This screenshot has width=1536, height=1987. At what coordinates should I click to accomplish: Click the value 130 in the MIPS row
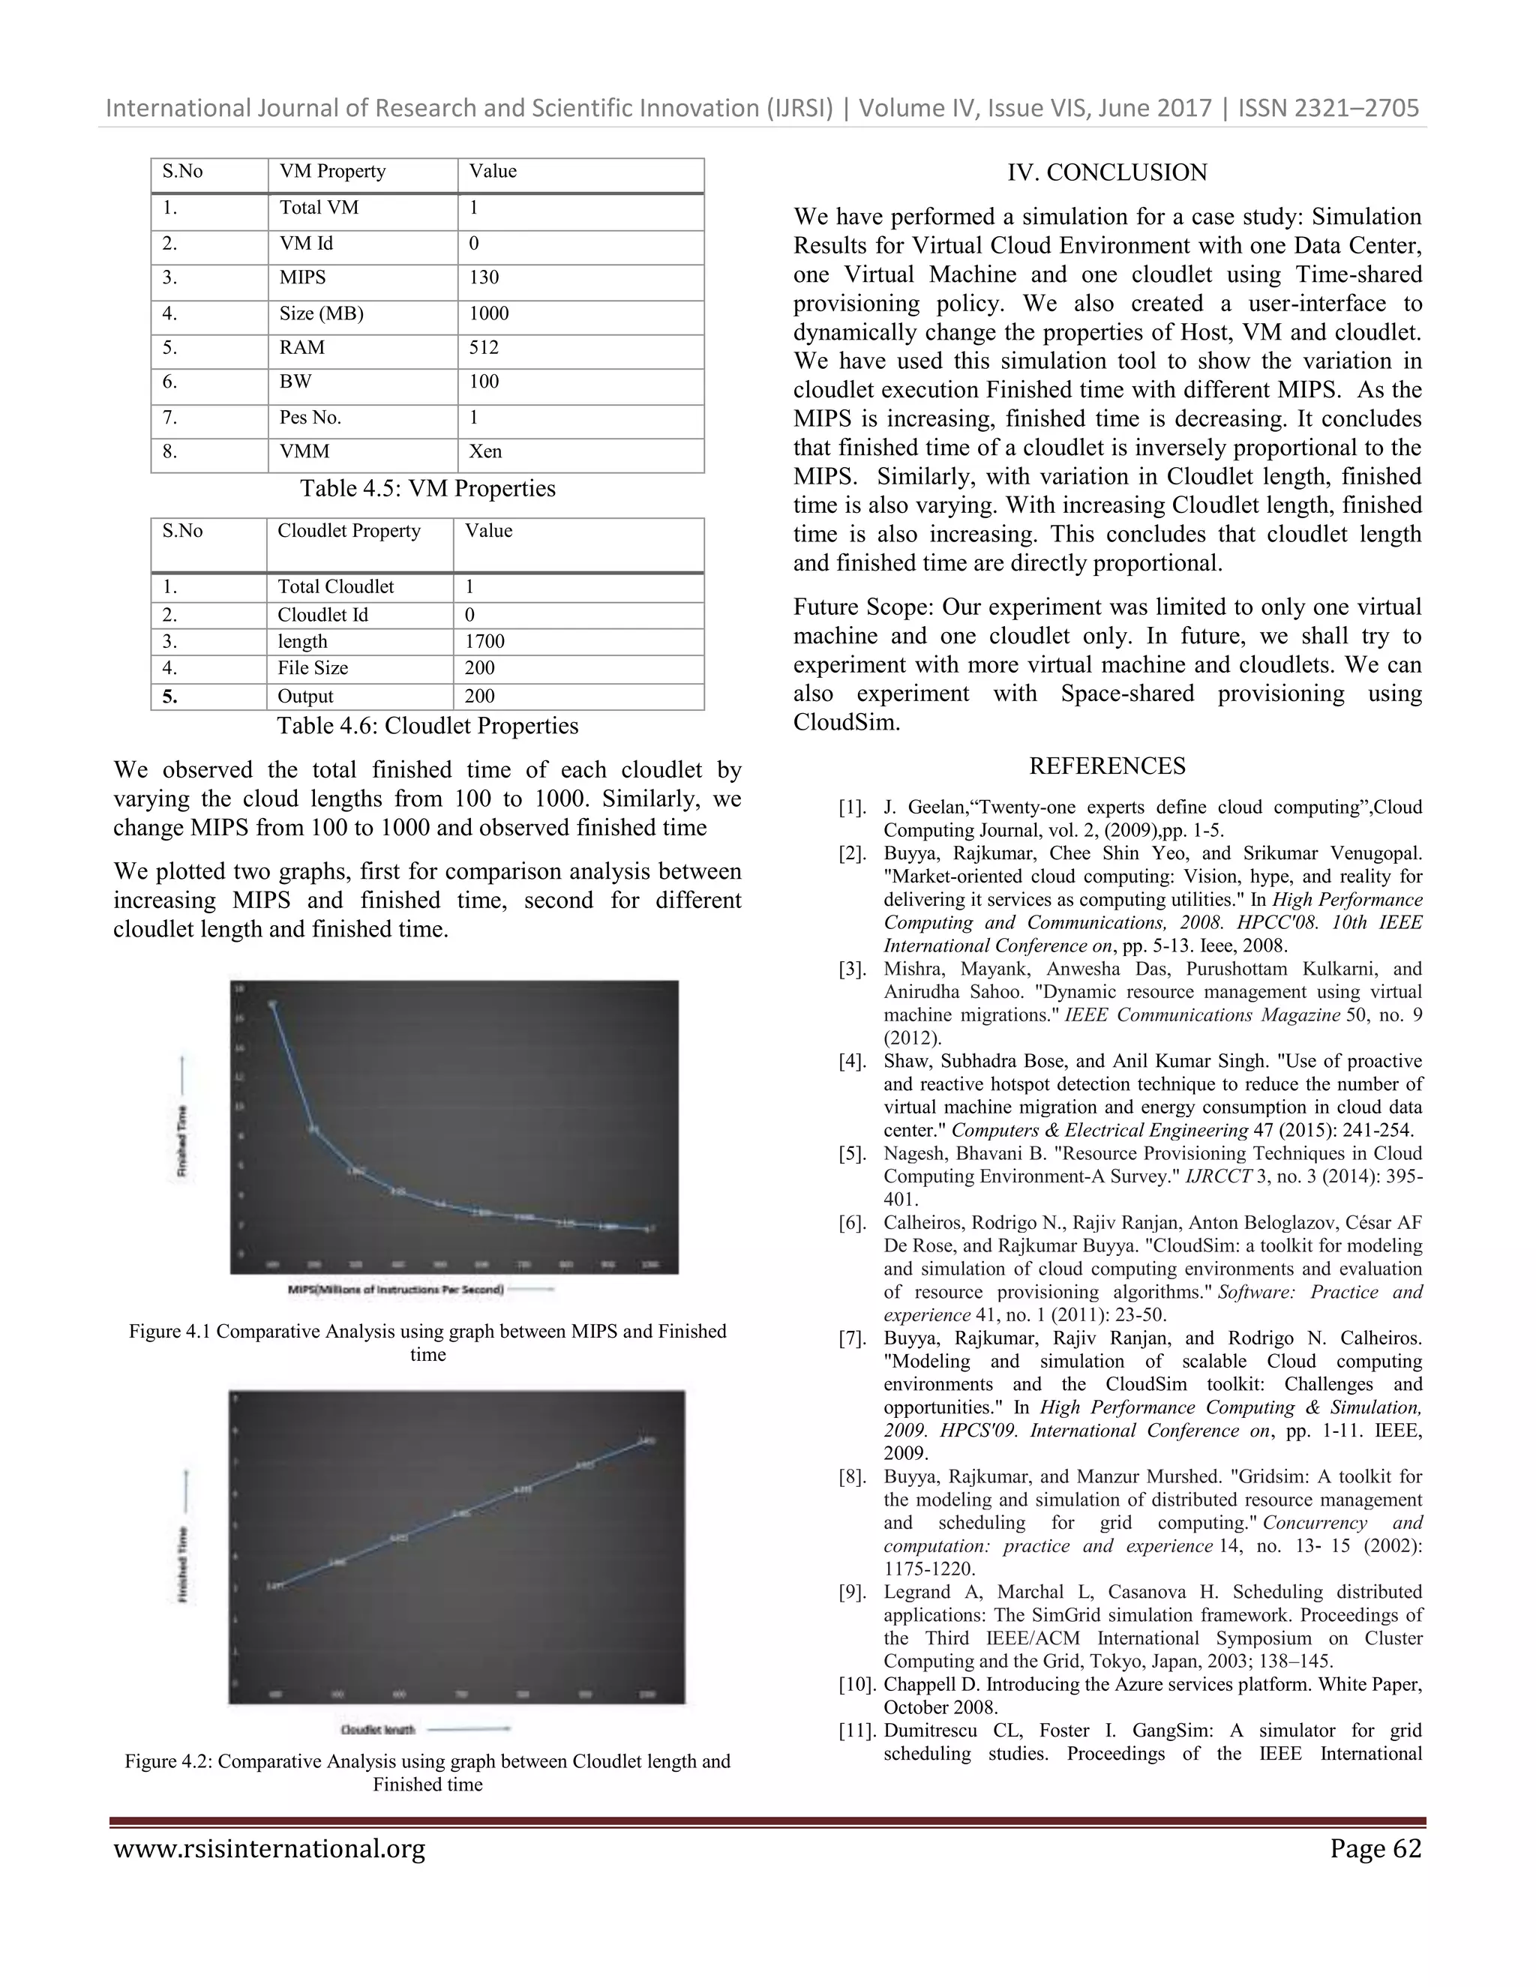click(x=484, y=277)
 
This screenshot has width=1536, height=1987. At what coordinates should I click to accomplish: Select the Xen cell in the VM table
click(x=485, y=451)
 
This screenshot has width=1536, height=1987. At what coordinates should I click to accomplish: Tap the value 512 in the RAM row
click(x=484, y=348)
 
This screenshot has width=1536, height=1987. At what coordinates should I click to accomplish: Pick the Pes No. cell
click(x=310, y=418)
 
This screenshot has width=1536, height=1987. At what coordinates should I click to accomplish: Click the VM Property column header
click(x=332, y=171)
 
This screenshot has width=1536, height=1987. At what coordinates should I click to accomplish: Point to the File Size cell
click(x=313, y=668)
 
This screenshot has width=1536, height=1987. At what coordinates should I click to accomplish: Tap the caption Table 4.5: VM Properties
click(x=427, y=489)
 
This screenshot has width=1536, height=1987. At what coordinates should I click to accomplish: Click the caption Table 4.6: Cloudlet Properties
click(x=427, y=725)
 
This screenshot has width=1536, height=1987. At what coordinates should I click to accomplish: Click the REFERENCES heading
click(x=1106, y=766)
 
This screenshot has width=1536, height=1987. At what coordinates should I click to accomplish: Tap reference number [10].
click(x=855, y=1684)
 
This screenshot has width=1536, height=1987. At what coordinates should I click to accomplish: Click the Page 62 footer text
click(x=1375, y=1849)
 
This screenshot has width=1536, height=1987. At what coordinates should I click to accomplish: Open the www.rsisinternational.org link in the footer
click(x=269, y=1849)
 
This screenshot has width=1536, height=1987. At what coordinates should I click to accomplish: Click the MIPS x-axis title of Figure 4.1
click(x=396, y=1289)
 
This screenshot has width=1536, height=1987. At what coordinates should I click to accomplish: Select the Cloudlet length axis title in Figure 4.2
click(x=379, y=1728)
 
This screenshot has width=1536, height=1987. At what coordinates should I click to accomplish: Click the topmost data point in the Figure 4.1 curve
click(x=272, y=1005)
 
